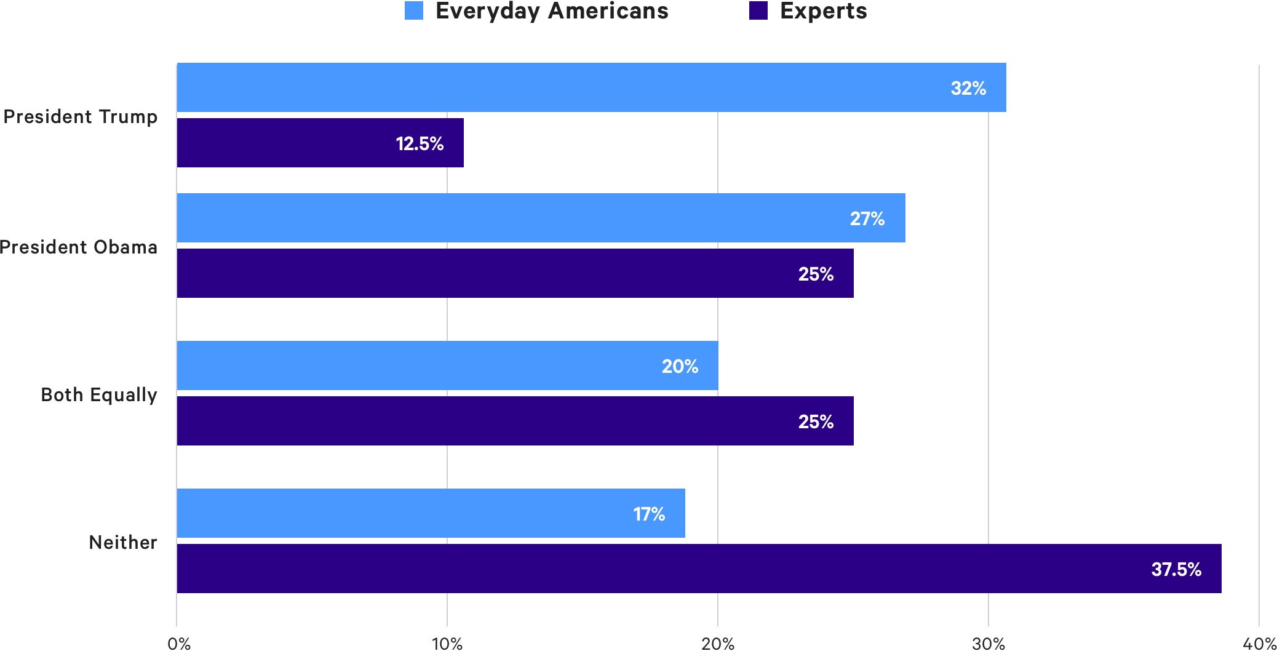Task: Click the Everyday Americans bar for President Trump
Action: pos(591,87)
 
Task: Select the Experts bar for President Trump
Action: pos(320,143)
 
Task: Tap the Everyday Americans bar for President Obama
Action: pos(540,218)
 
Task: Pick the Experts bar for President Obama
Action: pos(514,273)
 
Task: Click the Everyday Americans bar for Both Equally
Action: pos(447,365)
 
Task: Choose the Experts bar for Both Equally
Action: pos(514,421)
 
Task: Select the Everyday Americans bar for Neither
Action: pos(431,513)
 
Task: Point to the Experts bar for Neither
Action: pos(698,569)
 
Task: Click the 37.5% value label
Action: pos(1176,569)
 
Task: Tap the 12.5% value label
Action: pos(420,143)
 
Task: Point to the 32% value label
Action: pos(968,88)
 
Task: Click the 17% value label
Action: pos(649,514)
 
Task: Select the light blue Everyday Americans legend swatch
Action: pos(414,11)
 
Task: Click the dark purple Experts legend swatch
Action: pos(758,11)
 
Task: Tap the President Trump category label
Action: pos(81,116)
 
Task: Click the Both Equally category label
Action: pos(99,394)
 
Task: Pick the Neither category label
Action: pos(123,542)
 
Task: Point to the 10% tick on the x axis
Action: pos(447,644)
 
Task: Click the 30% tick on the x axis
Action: pos(989,644)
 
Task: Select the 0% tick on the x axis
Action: pos(179,644)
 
